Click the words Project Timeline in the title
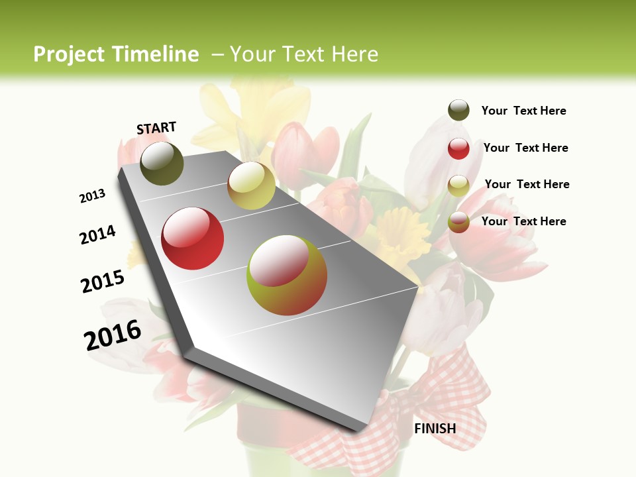coord(116,54)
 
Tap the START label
coord(156,128)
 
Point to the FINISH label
coord(435,429)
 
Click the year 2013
coord(93,196)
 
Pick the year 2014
coord(98,235)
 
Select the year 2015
coord(103,282)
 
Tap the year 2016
coord(113,335)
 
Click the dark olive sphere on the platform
coord(162,163)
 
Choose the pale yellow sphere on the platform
coord(251,185)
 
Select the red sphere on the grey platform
coord(193,238)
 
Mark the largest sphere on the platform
coord(287,275)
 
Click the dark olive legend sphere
coord(458,111)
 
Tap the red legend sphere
coord(458,148)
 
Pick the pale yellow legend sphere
coord(458,185)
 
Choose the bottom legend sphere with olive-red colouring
coord(458,222)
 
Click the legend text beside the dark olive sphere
coord(523,111)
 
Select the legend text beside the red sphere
coord(525,148)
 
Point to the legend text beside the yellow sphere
coord(527,184)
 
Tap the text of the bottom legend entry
coord(523,221)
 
